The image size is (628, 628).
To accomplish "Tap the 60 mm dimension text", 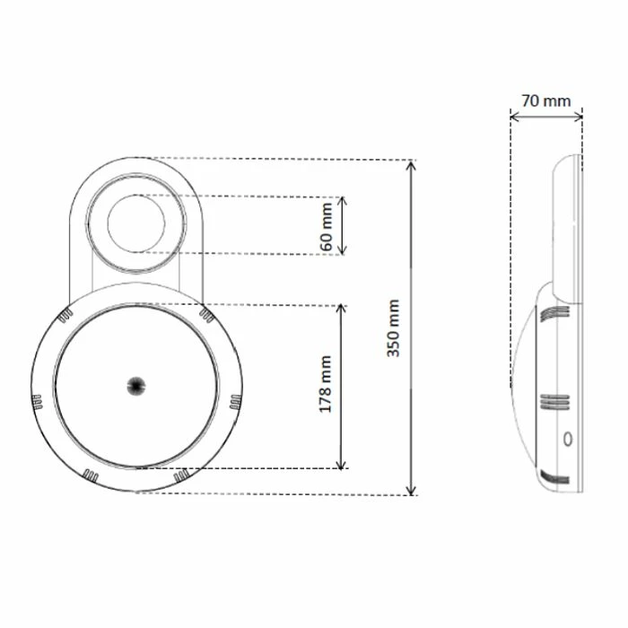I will click(x=327, y=225).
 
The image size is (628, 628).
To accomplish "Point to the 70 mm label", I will click(x=545, y=100).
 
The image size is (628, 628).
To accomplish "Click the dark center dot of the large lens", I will click(x=135, y=385).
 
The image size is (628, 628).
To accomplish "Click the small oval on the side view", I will click(x=565, y=440).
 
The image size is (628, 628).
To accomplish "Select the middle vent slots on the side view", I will click(x=555, y=401).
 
